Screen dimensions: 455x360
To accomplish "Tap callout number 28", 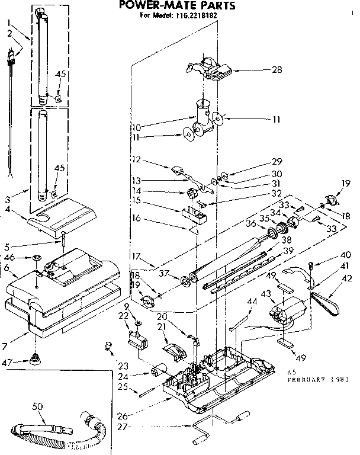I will (x=260, y=70).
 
